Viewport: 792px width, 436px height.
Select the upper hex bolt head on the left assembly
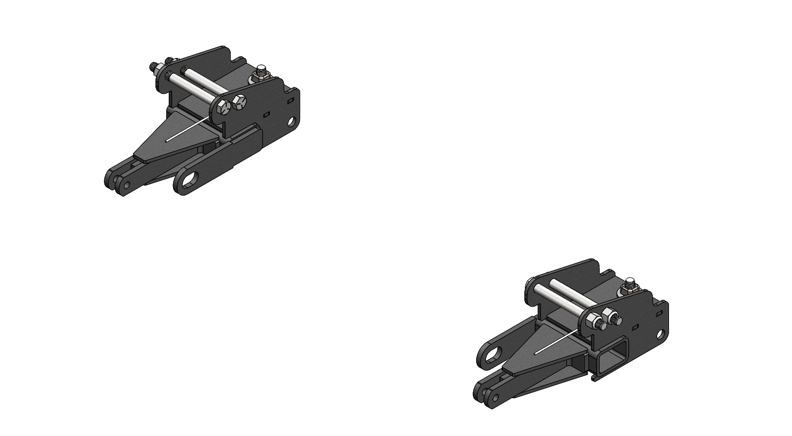coord(240,102)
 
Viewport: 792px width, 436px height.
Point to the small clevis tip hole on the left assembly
coord(127,185)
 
